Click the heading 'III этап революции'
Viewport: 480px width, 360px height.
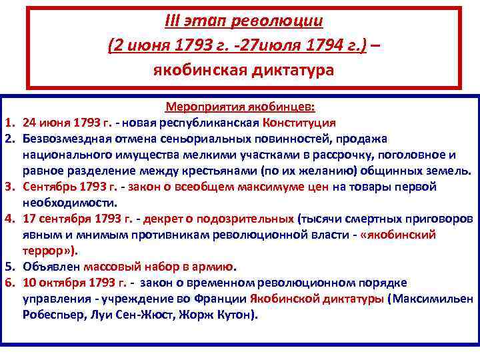click(243, 21)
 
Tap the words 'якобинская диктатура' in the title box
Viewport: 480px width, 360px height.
click(243, 70)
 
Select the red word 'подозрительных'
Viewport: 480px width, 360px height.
click(256, 219)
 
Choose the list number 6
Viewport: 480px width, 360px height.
click(10, 283)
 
